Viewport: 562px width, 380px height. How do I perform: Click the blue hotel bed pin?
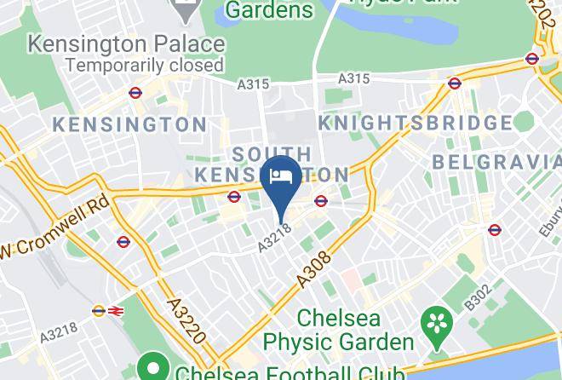(280, 176)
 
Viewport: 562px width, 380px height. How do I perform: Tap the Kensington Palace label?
(126, 43)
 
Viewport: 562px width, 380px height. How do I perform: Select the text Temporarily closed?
(144, 65)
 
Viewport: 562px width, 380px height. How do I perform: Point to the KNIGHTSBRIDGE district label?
(415, 124)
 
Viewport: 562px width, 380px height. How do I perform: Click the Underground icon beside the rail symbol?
(98, 312)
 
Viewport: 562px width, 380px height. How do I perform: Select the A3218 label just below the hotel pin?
(276, 238)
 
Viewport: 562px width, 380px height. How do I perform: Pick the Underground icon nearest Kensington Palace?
(135, 92)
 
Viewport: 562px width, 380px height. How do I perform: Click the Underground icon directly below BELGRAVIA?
(495, 229)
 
